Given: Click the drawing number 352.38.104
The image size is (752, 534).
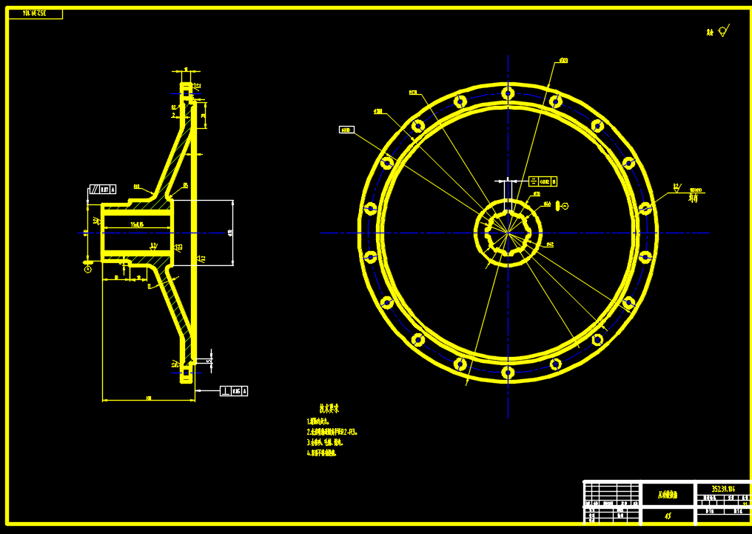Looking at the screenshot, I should point(722,489).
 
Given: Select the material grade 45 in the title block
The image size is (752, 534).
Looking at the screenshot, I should point(668,515).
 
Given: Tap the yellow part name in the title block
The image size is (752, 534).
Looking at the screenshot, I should point(668,494).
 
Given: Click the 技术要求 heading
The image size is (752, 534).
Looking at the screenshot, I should point(329,408).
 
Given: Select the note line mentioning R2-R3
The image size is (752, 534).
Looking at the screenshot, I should point(332,431).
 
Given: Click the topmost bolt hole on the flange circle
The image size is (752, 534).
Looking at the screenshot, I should point(508,93).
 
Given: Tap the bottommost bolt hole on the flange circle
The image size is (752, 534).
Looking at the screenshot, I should point(508,372).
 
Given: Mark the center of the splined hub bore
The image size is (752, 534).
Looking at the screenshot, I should point(508,233).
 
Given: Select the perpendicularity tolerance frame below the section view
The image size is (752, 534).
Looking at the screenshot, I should point(235,390).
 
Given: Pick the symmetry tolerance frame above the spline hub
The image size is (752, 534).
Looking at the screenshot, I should point(543,181).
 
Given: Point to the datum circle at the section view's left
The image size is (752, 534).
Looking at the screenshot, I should point(88,270).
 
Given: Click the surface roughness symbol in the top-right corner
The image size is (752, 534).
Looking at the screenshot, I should point(722,31).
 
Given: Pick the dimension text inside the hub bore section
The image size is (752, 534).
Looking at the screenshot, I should point(136,223).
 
